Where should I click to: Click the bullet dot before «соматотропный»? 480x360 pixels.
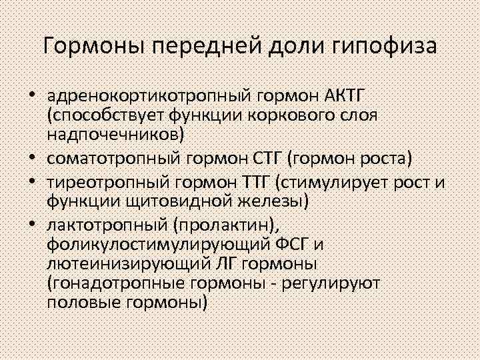(x=32, y=159)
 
